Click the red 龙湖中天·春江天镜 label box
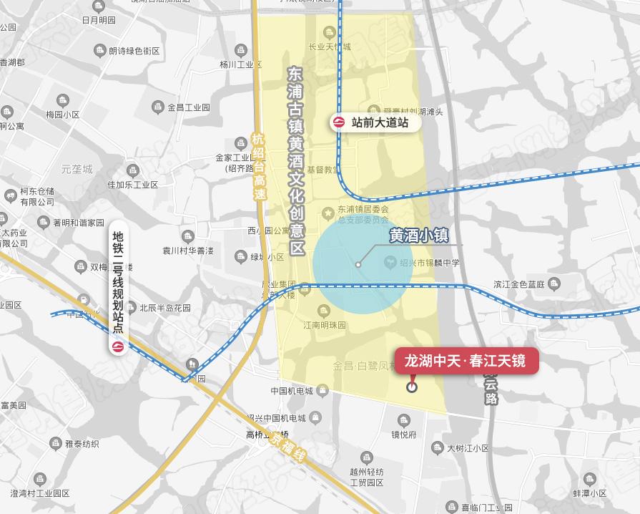(466, 361)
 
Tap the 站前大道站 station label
(380, 122)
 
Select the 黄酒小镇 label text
(418, 236)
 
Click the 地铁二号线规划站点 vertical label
(119, 283)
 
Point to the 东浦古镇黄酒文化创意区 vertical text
(295, 161)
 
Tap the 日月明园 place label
(98, 20)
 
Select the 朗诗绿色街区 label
(134, 51)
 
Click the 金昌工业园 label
(188, 107)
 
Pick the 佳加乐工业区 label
(132, 185)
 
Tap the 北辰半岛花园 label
(164, 308)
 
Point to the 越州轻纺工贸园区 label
(366, 477)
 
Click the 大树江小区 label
(468, 448)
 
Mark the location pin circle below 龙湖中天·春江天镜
(411, 388)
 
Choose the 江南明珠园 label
(323, 325)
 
